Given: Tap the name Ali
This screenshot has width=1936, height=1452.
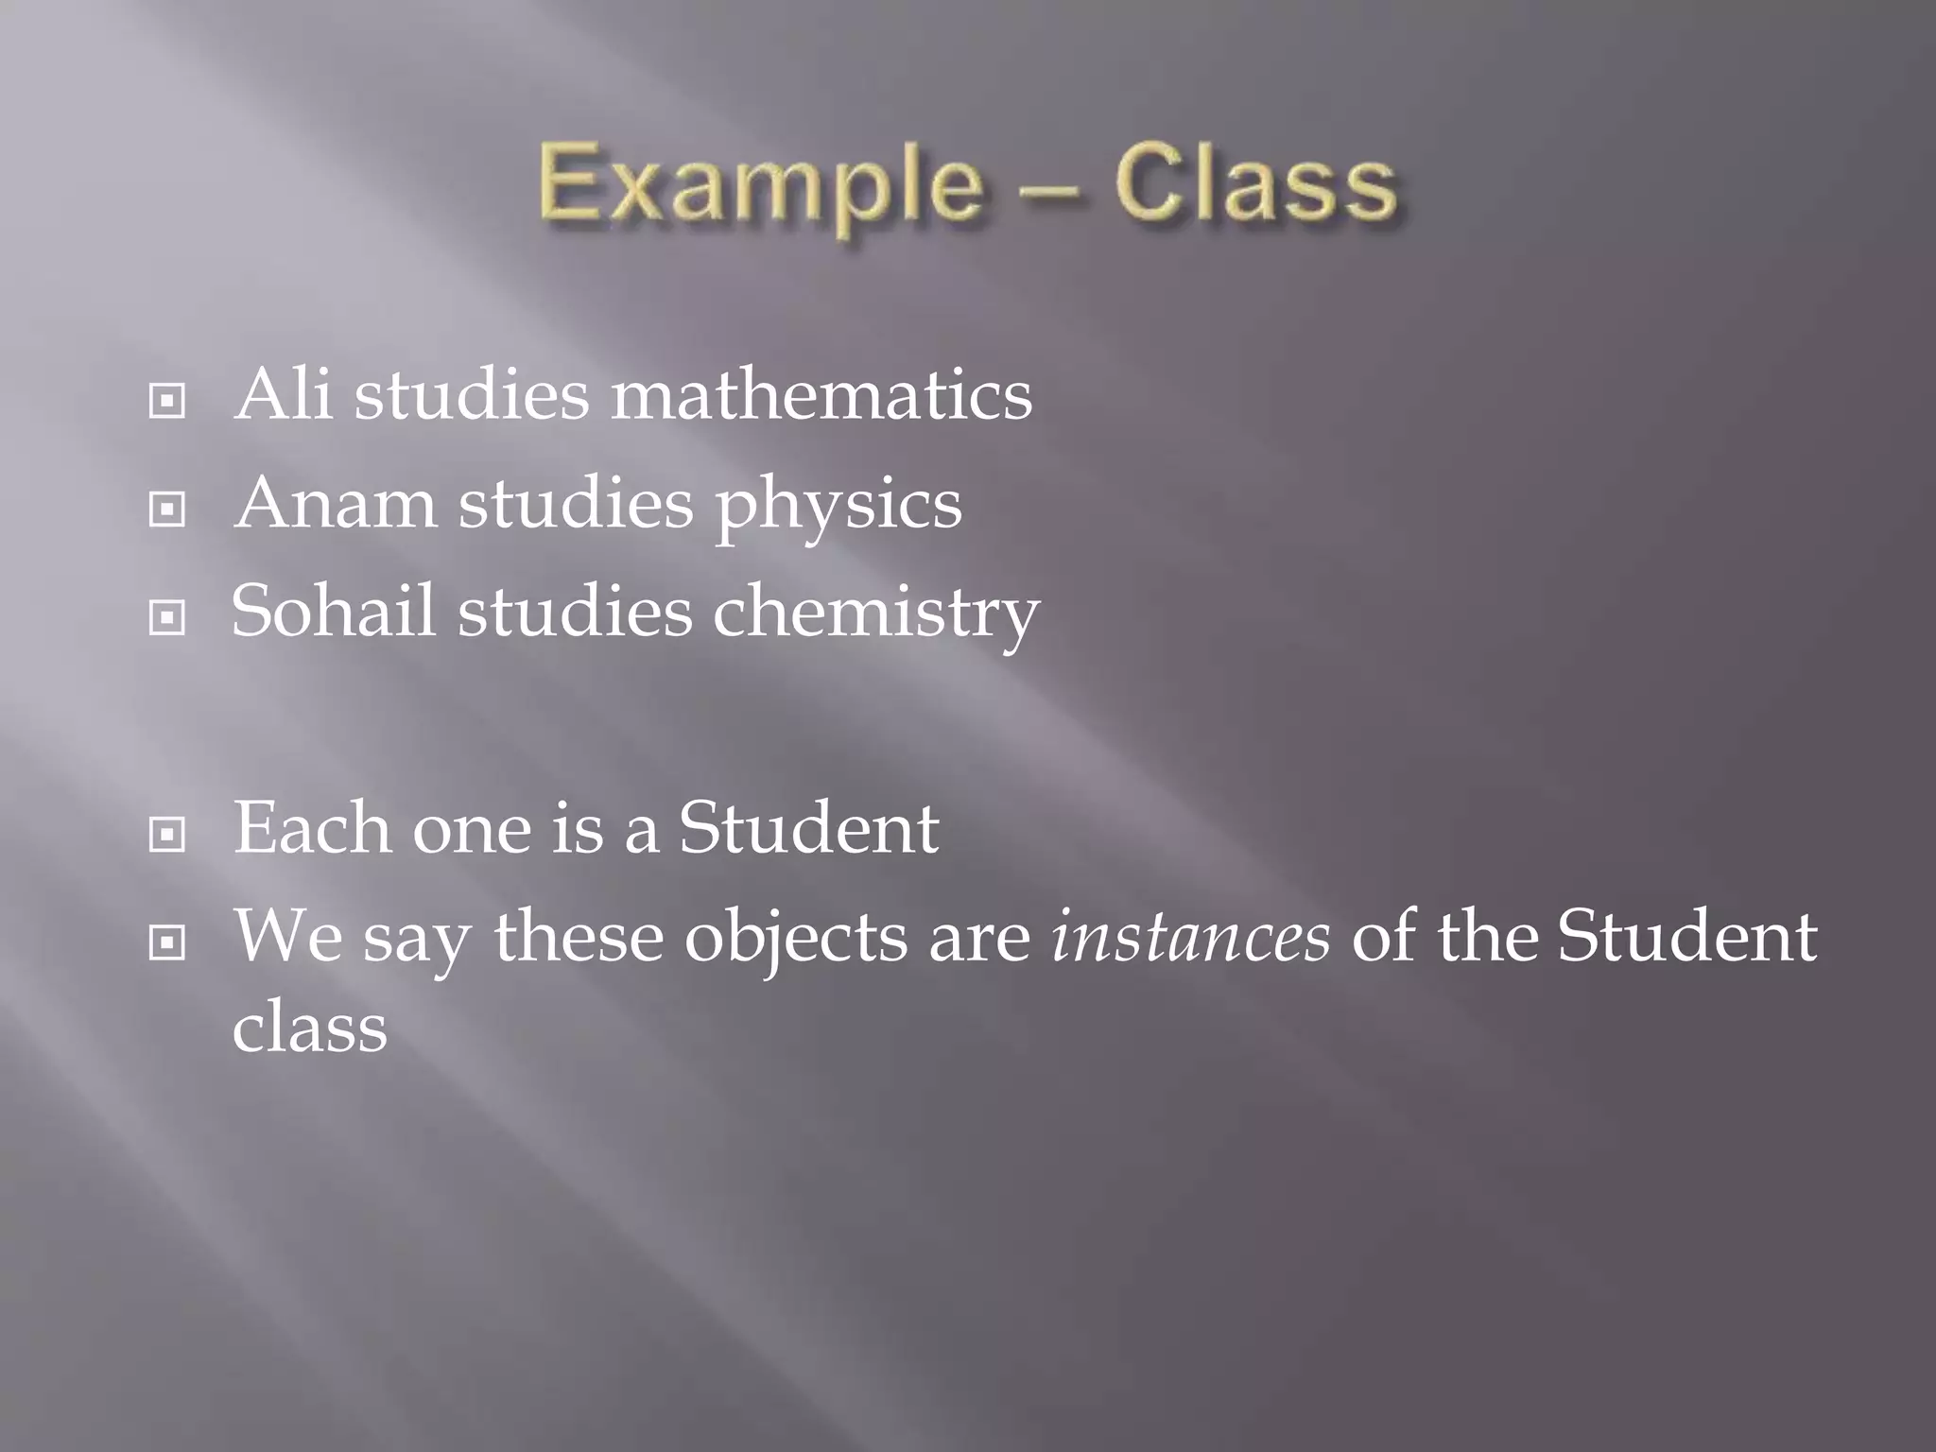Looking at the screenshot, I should (x=284, y=394).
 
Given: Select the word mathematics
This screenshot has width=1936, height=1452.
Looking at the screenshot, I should (x=821, y=394).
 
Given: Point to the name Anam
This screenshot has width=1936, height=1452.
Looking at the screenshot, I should (x=336, y=503).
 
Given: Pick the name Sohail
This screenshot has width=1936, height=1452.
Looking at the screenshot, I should (x=334, y=611).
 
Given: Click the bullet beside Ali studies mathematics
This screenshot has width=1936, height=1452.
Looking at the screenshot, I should (x=167, y=402).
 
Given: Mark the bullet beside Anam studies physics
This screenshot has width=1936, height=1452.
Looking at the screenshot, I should (x=167, y=510).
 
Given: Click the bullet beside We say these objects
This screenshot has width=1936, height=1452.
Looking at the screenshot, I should (x=167, y=942).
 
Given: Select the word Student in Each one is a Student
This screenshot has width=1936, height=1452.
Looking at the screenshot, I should (x=808, y=828).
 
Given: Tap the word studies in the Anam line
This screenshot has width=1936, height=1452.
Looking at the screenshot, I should (x=576, y=503).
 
